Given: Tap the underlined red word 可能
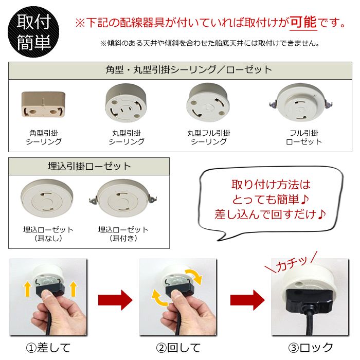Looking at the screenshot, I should point(303,23).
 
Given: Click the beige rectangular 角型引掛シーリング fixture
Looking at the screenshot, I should point(44,104).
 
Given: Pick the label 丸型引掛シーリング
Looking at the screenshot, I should point(126,137).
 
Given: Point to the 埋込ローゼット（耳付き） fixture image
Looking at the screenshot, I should point(123,197).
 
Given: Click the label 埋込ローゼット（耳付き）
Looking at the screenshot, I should point(123,233).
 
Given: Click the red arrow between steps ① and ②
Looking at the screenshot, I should point(114,299).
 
